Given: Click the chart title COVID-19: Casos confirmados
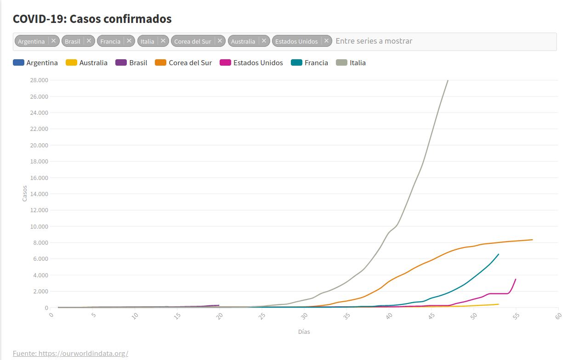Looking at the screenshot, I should (x=92, y=19).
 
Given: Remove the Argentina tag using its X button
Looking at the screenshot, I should (x=53, y=41).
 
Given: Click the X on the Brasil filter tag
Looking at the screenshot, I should (x=89, y=41).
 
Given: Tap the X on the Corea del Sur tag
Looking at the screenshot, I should (x=220, y=41).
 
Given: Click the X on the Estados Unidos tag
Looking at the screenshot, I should (x=326, y=41).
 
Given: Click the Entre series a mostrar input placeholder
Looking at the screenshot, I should (x=374, y=41).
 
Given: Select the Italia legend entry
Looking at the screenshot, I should (x=357, y=63).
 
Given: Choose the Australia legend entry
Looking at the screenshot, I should (x=93, y=63).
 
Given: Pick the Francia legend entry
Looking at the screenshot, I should (x=316, y=63).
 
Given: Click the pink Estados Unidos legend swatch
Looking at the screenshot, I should (x=226, y=63).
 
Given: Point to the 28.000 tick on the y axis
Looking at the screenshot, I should (x=39, y=80).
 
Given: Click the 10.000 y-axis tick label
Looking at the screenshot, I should (x=39, y=226).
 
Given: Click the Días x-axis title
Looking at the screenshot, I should (x=304, y=332).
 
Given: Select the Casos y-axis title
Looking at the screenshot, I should (x=25, y=193).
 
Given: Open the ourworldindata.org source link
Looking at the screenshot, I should (x=70, y=353).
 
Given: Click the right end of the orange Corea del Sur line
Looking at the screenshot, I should (x=532, y=240).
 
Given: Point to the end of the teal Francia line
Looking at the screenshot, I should (x=499, y=254).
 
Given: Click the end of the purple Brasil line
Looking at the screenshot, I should (x=219, y=305).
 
